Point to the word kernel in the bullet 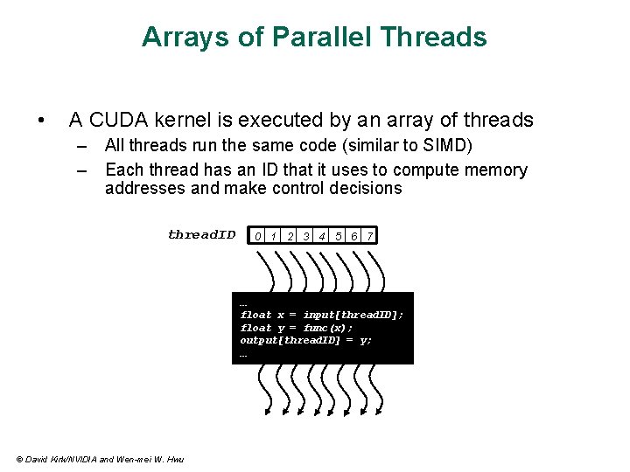pyautogui.click(x=191, y=120)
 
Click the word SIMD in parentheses pyautogui.click(x=451, y=145)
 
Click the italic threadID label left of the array pyautogui.click(x=202, y=234)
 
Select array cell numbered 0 pyautogui.click(x=257, y=236)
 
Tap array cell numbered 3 pyautogui.click(x=306, y=236)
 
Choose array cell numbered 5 pyautogui.click(x=339, y=236)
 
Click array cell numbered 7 pyautogui.click(x=371, y=236)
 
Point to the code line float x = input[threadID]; pyautogui.click(x=322, y=315)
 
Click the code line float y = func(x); pyautogui.click(x=297, y=328)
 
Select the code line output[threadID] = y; pyautogui.click(x=306, y=340)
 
